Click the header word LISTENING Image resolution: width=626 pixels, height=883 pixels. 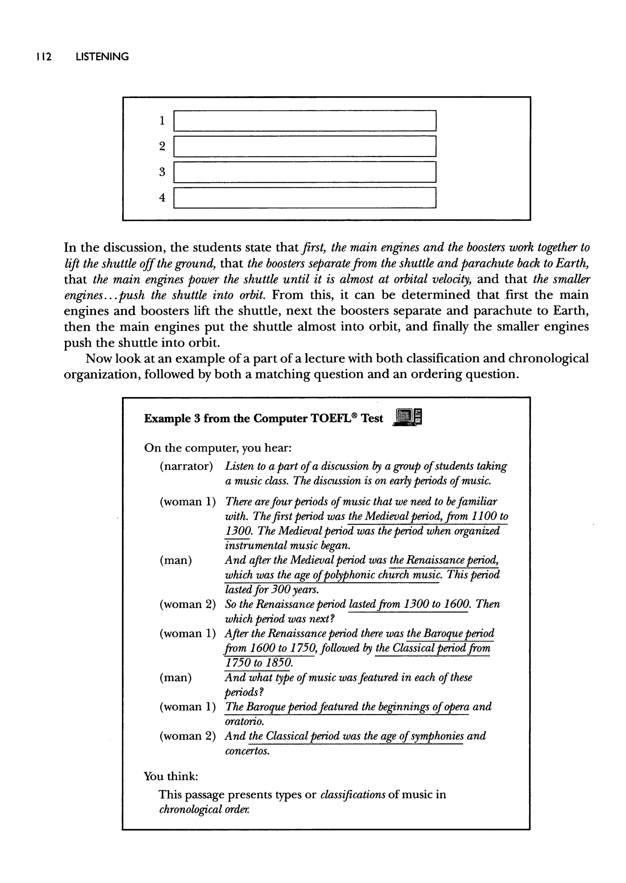pyautogui.click(x=102, y=57)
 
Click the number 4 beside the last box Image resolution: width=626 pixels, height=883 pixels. pyautogui.click(x=162, y=198)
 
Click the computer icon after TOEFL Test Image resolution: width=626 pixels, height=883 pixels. pyautogui.click(x=407, y=417)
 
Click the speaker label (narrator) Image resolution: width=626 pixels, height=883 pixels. pyautogui.click(x=186, y=466)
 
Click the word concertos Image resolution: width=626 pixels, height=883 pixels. pyautogui.click(x=247, y=751)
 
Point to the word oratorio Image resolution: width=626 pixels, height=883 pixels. pyautogui.click(x=244, y=721)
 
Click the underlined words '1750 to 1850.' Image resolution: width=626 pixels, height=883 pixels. pyautogui.click(x=259, y=663)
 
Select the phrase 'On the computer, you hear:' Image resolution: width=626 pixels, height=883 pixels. pyautogui.click(x=218, y=448)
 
